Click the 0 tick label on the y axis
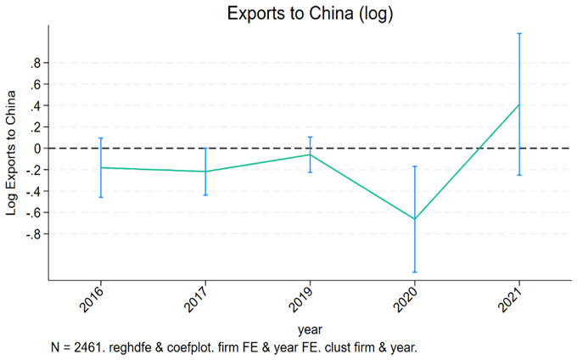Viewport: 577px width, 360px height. click(37, 149)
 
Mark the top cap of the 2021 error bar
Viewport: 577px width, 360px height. click(518, 33)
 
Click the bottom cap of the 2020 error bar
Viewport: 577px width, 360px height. click(414, 272)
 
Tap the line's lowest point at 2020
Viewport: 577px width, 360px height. click(414, 219)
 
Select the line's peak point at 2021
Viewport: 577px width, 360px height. click(518, 104)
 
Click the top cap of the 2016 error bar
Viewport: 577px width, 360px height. click(101, 138)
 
